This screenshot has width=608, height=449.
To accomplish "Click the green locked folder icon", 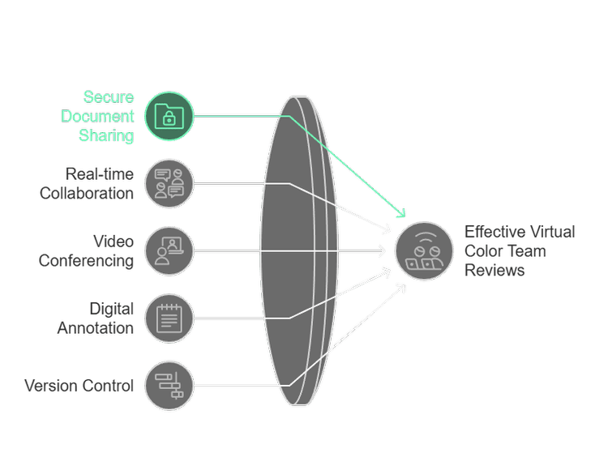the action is pos(169,116).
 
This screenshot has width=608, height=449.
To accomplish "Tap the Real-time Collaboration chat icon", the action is pos(169,183).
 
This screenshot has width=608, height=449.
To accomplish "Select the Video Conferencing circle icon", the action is pos(169,251).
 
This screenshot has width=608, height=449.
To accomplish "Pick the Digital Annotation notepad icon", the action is pos(169,319).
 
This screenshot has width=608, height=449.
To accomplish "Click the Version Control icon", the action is pos(169,386).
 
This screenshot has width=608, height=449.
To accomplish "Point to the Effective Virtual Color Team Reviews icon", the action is pos(424,251).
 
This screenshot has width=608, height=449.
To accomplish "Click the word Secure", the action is pos(109,97).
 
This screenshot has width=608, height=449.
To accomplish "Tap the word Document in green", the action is pos(97,117).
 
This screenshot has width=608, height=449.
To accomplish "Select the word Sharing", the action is pos(106,135).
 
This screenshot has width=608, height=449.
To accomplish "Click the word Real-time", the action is pos(100,174).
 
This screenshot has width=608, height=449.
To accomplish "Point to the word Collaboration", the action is pos(87,193).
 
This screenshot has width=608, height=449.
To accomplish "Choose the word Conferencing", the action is pos(86,261).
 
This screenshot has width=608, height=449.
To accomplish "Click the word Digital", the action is pos(112,309).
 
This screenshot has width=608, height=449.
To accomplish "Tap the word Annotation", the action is pos(96,328).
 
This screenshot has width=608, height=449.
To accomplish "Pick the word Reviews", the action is pos(495,270).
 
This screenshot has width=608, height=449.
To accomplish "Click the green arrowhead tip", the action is pos(405,216).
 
